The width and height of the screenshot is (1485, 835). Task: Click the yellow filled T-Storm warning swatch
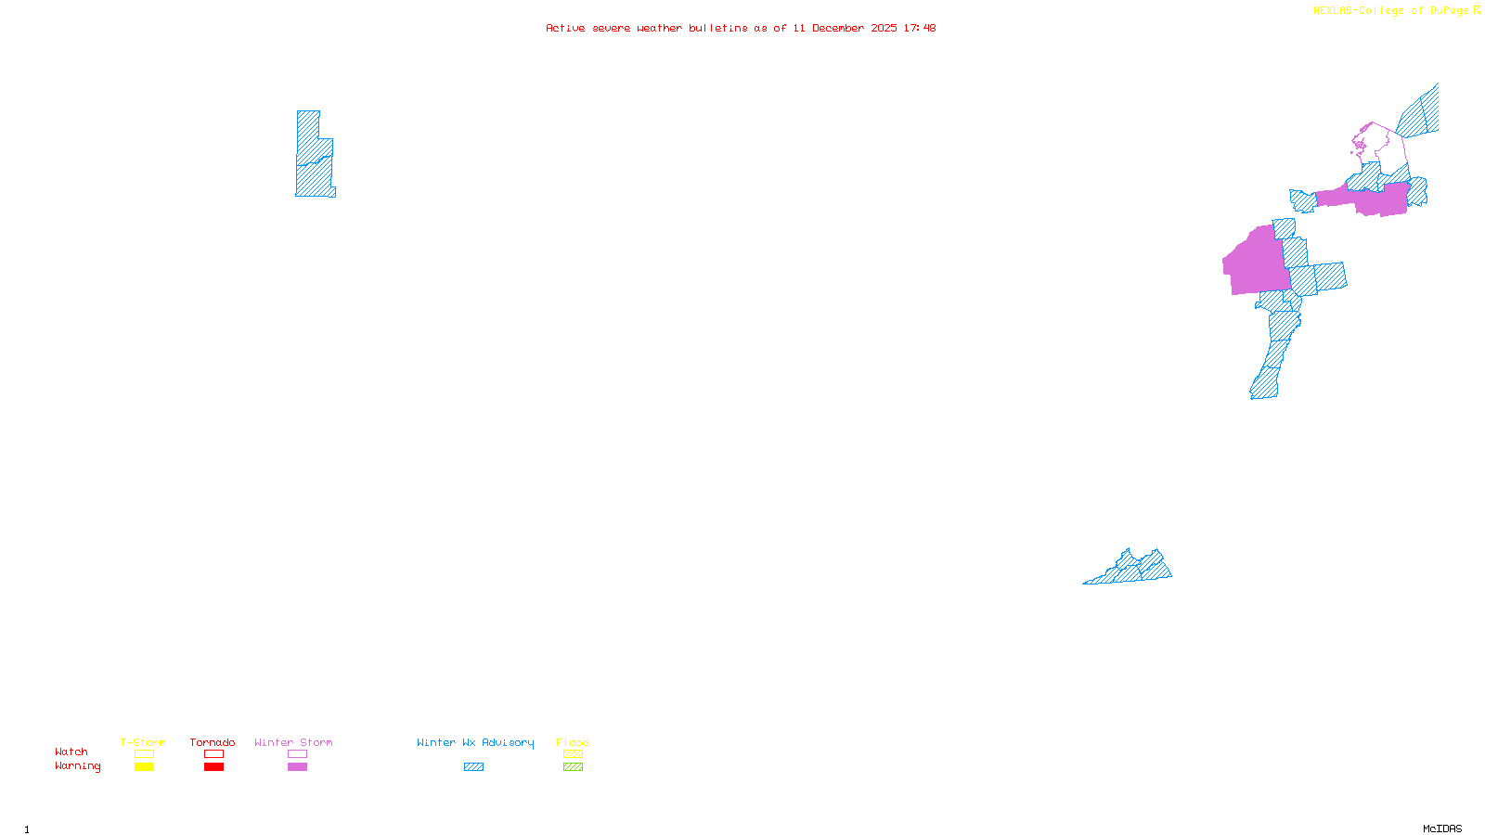[x=144, y=767]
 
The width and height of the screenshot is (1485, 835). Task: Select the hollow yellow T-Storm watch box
[x=144, y=754]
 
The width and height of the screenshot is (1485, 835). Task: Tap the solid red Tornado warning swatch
[x=213, y=767]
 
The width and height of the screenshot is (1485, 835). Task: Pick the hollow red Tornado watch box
[x=213, y=754]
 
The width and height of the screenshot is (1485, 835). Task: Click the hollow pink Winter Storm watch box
[x=297, y=754]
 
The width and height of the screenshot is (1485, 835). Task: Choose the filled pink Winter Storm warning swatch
[x=297, y=767]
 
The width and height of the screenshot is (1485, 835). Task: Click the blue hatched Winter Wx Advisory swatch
[x=473, y=767]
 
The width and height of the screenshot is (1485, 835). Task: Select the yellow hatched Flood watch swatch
[x=573, y=754]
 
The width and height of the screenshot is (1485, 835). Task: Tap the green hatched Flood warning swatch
[x=573, y=767]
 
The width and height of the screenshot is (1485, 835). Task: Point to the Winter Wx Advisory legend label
[x=475, y=742]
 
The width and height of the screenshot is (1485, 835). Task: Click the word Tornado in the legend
[x=213, y=742]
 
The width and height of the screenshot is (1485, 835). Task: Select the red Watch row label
[x=71, y=752]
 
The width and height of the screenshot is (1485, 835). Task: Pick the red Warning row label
[x=78, y=766]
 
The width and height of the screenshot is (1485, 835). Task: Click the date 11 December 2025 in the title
[x=845, y=28]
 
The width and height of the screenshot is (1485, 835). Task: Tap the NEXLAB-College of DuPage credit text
[x=1390, y=11]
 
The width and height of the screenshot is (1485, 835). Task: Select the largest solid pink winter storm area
[x=1256, y=262]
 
